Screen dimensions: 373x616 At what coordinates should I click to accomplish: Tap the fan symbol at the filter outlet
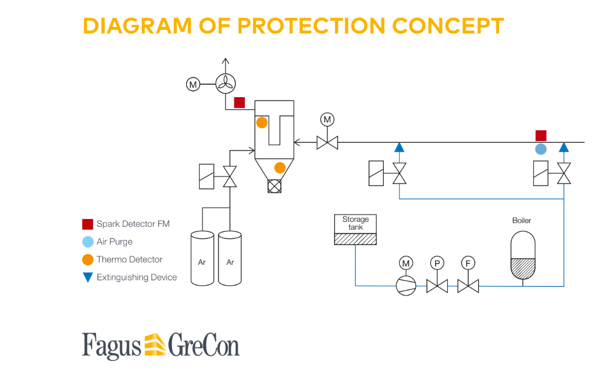[225, 84]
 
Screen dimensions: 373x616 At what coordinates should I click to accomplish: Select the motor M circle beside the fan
[192, 84]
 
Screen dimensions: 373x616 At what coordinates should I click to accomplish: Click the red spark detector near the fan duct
[239, 103]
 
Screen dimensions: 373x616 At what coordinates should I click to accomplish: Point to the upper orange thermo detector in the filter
[262, 122]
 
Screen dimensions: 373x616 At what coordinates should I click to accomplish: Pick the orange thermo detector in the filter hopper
[280, 168]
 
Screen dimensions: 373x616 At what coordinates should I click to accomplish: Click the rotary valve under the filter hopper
[274, 186]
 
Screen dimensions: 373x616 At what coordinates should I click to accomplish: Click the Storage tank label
[356, 223]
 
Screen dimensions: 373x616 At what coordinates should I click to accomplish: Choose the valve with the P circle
[437, 286]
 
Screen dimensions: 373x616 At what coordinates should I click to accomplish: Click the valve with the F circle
[468, 286]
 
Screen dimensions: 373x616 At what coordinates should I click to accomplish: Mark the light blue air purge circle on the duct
[541, 149]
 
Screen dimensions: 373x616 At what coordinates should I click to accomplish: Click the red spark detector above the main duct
[541, 136]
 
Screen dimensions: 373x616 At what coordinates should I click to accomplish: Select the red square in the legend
[88, 224]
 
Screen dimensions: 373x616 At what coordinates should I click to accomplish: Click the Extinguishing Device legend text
[136, 277]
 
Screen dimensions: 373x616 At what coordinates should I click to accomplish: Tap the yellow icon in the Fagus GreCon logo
[155, 345]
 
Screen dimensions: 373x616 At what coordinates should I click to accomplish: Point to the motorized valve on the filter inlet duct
[328, 143]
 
